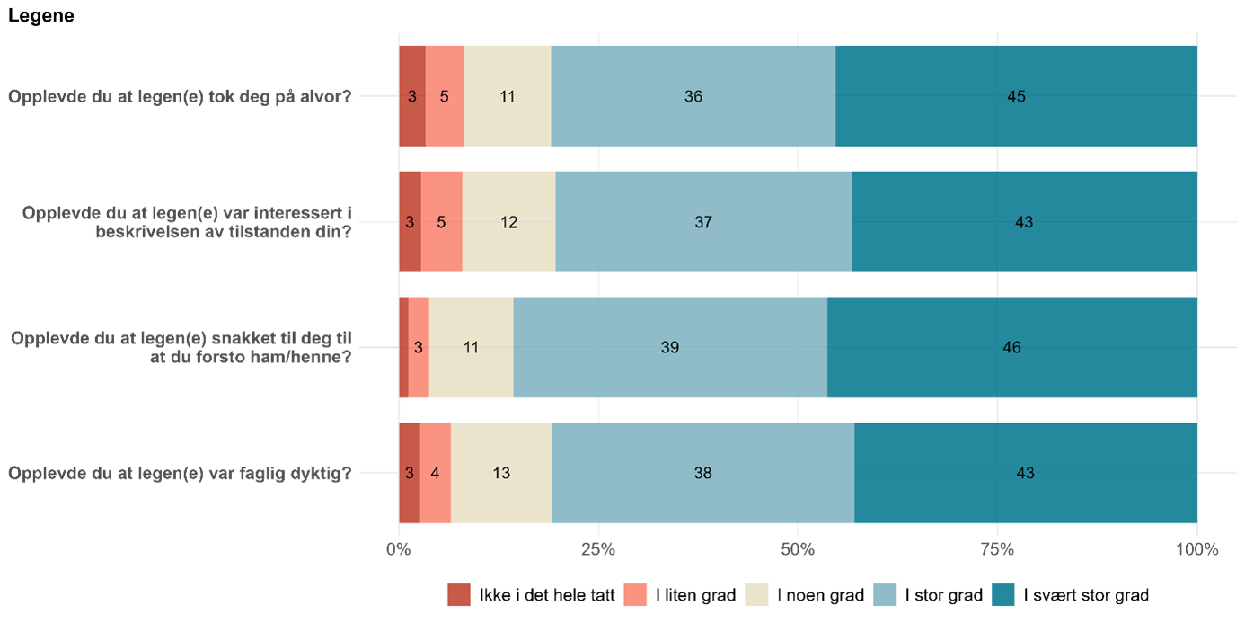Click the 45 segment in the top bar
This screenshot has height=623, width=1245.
1016,96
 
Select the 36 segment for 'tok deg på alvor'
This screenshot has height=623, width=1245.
693,96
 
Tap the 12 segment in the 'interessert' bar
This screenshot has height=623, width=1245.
509,222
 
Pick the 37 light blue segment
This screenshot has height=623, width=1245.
703,222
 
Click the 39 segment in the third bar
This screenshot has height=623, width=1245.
670,348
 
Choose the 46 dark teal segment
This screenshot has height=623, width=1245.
1012,348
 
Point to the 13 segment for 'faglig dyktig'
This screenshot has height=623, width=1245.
501,473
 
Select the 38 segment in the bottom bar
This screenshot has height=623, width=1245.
702,473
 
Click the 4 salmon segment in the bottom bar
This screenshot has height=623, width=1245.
435,473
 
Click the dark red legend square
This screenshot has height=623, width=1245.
458,594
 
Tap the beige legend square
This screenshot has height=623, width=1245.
756,594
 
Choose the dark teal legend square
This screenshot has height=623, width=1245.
1003,594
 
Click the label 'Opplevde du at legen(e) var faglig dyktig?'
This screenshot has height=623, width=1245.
180,473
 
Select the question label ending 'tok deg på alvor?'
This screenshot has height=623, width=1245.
180,96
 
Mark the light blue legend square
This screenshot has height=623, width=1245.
885,594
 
